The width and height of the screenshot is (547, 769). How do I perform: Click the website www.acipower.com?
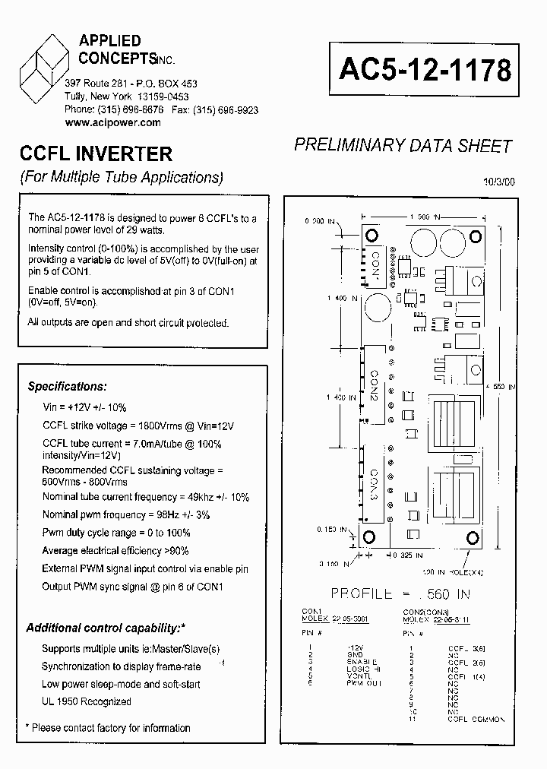[x=113, y=122]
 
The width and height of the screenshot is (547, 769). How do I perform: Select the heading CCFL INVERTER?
[x=96, y=154]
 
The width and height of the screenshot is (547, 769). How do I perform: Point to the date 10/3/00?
[x=498, y=182]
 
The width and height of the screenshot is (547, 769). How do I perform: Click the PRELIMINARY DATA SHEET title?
[x=403, y=146]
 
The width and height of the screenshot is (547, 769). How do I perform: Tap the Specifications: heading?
[x=68, y=386]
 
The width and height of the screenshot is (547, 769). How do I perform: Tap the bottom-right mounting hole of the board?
[x=473, y=538]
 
